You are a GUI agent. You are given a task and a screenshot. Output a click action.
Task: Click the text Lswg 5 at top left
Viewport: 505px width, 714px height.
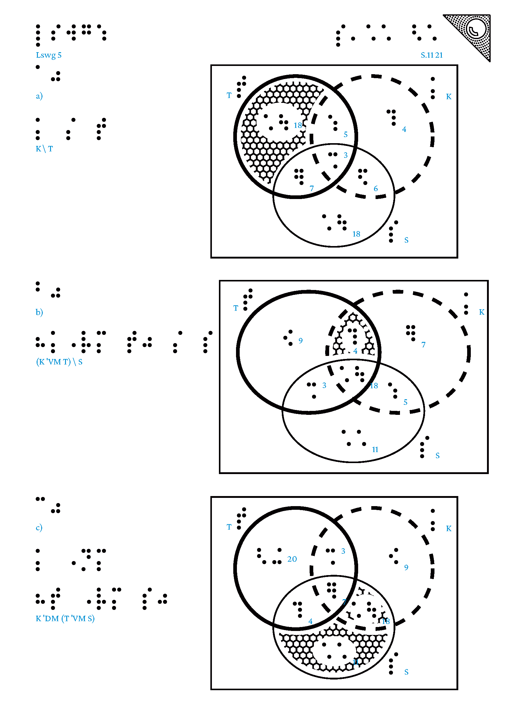49,55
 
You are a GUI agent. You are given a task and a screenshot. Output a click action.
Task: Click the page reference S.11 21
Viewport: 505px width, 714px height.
432,55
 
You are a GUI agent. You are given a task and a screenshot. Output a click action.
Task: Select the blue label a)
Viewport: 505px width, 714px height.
39,96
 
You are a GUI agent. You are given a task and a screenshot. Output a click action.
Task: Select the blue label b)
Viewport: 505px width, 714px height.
39,312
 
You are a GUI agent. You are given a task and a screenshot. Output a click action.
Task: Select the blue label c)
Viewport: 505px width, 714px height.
39,527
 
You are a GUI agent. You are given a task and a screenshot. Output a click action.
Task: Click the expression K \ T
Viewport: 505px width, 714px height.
44,149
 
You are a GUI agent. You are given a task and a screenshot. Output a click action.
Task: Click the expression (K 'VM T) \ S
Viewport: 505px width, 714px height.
59,362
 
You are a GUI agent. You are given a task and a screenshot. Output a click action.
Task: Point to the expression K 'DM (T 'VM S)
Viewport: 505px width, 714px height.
65,618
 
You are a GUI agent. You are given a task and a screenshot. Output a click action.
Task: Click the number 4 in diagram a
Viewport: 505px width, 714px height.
404,129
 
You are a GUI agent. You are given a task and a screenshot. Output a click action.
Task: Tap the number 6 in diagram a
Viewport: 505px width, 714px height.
376,189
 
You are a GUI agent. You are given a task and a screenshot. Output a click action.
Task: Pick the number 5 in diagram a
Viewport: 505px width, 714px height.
346,135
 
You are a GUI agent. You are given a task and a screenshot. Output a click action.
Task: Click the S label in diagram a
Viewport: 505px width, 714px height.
406,240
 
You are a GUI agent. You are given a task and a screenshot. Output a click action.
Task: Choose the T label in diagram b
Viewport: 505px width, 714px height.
236,308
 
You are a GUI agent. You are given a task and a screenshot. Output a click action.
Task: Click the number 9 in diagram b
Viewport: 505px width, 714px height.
300,341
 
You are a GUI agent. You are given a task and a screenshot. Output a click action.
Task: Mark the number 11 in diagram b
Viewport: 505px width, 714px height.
375,450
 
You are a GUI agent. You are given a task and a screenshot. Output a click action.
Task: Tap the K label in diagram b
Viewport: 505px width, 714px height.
481,312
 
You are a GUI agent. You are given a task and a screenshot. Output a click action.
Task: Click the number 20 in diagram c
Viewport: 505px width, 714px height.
292,559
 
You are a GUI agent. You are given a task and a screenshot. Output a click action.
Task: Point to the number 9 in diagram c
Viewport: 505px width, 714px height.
406,567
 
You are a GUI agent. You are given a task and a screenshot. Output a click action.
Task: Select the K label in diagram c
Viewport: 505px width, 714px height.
449,528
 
